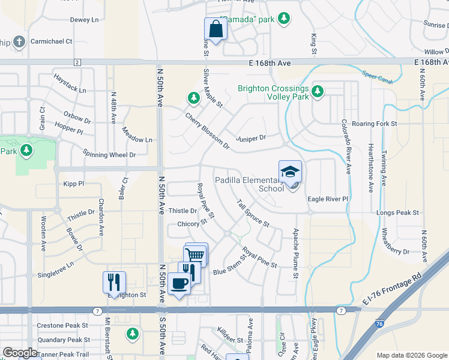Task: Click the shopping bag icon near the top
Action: coord(215,29)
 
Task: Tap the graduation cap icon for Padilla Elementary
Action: coord(290,172)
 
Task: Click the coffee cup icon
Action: coord(179,283)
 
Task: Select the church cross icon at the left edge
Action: coord(19,41)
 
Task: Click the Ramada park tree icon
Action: coord(283,19)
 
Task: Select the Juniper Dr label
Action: coord(250,137)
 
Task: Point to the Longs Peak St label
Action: coord(397,212)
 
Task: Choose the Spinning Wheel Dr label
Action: coord(110,154)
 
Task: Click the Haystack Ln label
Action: coord(70,85)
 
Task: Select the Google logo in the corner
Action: coord(20,353)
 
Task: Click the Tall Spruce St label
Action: coord(253,213)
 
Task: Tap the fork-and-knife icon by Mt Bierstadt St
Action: coord(112,281)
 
